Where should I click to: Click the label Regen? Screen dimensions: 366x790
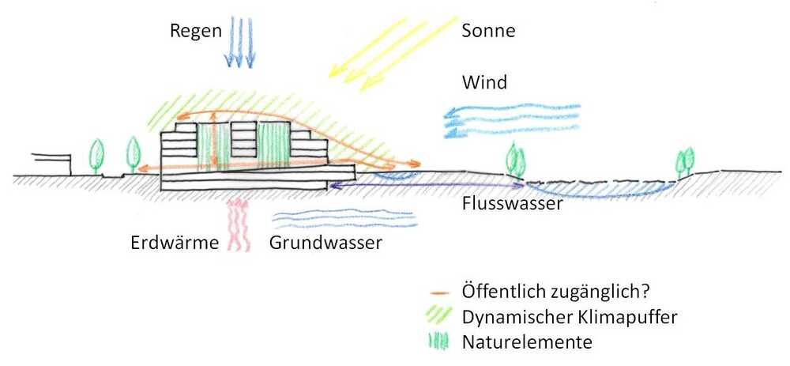(191, 32)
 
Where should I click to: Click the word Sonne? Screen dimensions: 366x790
(488, 32)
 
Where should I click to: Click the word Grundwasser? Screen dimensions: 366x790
(325, 243)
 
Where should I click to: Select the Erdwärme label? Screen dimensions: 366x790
(174, 243)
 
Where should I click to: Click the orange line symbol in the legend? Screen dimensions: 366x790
(440, 291)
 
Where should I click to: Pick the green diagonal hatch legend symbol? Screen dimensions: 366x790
(439, 315)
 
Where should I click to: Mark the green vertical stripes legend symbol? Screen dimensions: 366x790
(439, 341)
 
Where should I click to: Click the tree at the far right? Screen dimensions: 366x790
(683, 160)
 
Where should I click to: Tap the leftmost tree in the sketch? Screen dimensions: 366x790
(97, 155)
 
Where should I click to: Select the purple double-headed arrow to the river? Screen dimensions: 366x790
(427, 185)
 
